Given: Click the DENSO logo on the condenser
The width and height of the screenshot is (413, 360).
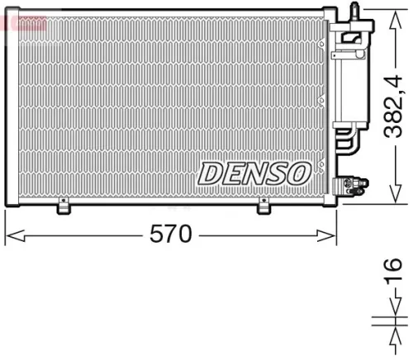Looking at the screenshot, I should [254, 172].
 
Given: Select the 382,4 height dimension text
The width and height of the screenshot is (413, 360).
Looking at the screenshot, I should [394, 107].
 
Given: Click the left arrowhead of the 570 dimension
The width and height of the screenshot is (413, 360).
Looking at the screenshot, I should [12, 236].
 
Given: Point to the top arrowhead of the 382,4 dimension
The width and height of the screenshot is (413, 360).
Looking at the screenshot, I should [391, 14].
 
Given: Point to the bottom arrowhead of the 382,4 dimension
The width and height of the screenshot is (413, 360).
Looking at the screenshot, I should [391, 198].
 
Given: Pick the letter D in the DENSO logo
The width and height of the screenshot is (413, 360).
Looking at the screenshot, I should [210, 173].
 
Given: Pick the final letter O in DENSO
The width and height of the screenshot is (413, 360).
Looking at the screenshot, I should [297, 172].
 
